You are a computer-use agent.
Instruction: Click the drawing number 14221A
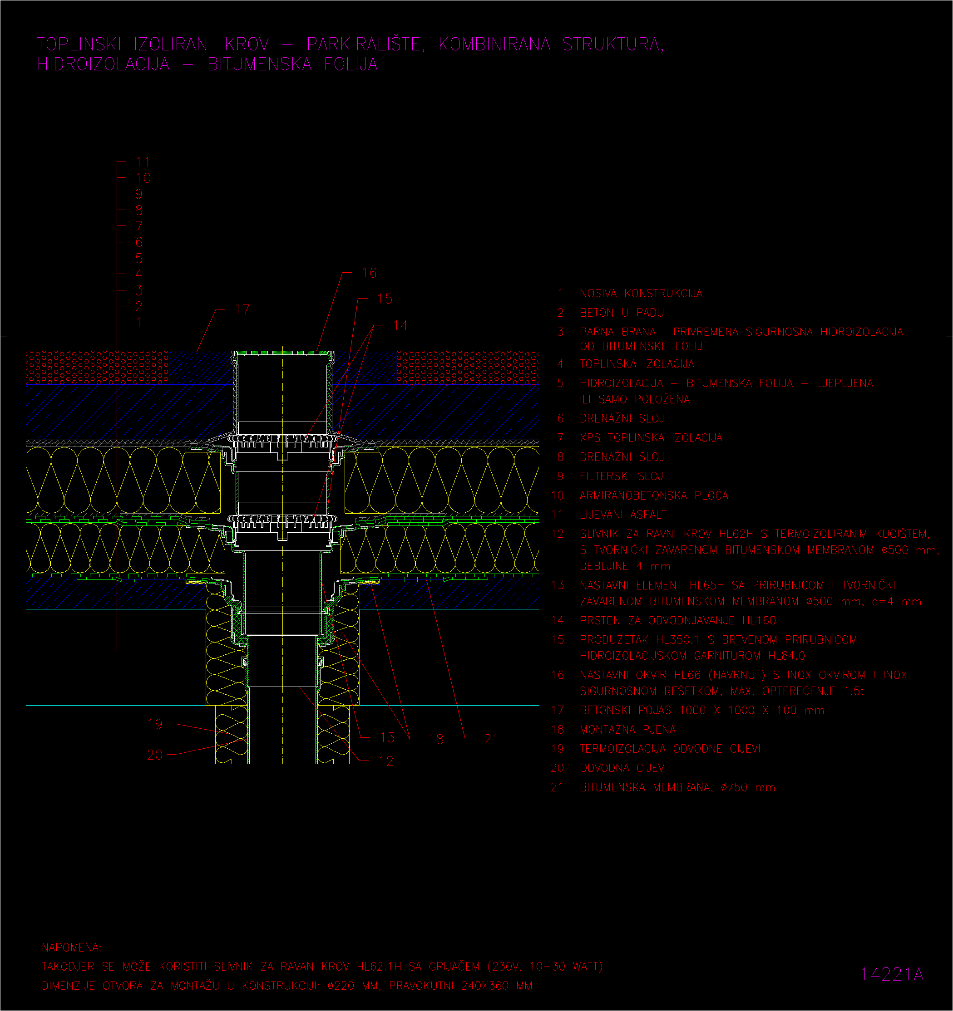(892, 974)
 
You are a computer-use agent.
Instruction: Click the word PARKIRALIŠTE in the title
(365, 44)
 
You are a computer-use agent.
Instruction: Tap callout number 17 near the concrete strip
(242, 309)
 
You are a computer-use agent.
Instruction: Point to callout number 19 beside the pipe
(155, 724)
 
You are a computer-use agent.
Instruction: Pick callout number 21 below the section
(491, 740)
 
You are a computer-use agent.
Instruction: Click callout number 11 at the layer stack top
(143, 162)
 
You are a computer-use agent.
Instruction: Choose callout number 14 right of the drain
(400, 325)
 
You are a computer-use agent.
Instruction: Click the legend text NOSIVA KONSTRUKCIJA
(641, 294)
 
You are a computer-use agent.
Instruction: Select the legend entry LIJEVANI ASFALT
(623, 515)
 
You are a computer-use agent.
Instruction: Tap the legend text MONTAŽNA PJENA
(628, 730)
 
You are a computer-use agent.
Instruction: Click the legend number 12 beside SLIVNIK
(558, 534)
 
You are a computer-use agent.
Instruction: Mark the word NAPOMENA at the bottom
(72, 947)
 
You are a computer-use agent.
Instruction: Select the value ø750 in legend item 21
(734, 787)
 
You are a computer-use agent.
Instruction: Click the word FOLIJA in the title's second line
(351, 64)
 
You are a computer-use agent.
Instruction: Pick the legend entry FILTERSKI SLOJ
(621, 476)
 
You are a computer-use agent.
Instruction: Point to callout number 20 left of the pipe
(155, 755)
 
